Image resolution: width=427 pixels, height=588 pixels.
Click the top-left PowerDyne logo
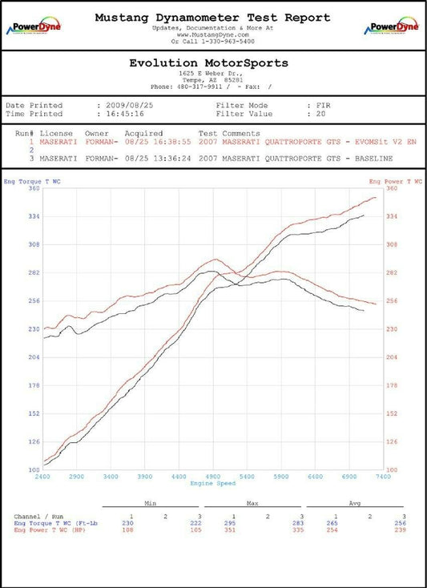(x=31, y=26)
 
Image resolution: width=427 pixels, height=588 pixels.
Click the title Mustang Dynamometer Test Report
(x=213, y=17)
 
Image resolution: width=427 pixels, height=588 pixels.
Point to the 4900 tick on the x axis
(x=213, y=477)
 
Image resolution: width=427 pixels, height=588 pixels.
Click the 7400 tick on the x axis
(x=382, y=477)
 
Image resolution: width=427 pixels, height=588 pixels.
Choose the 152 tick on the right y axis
(x=392, y=413)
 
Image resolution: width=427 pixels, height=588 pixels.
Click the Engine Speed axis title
(x=213, y=485)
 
